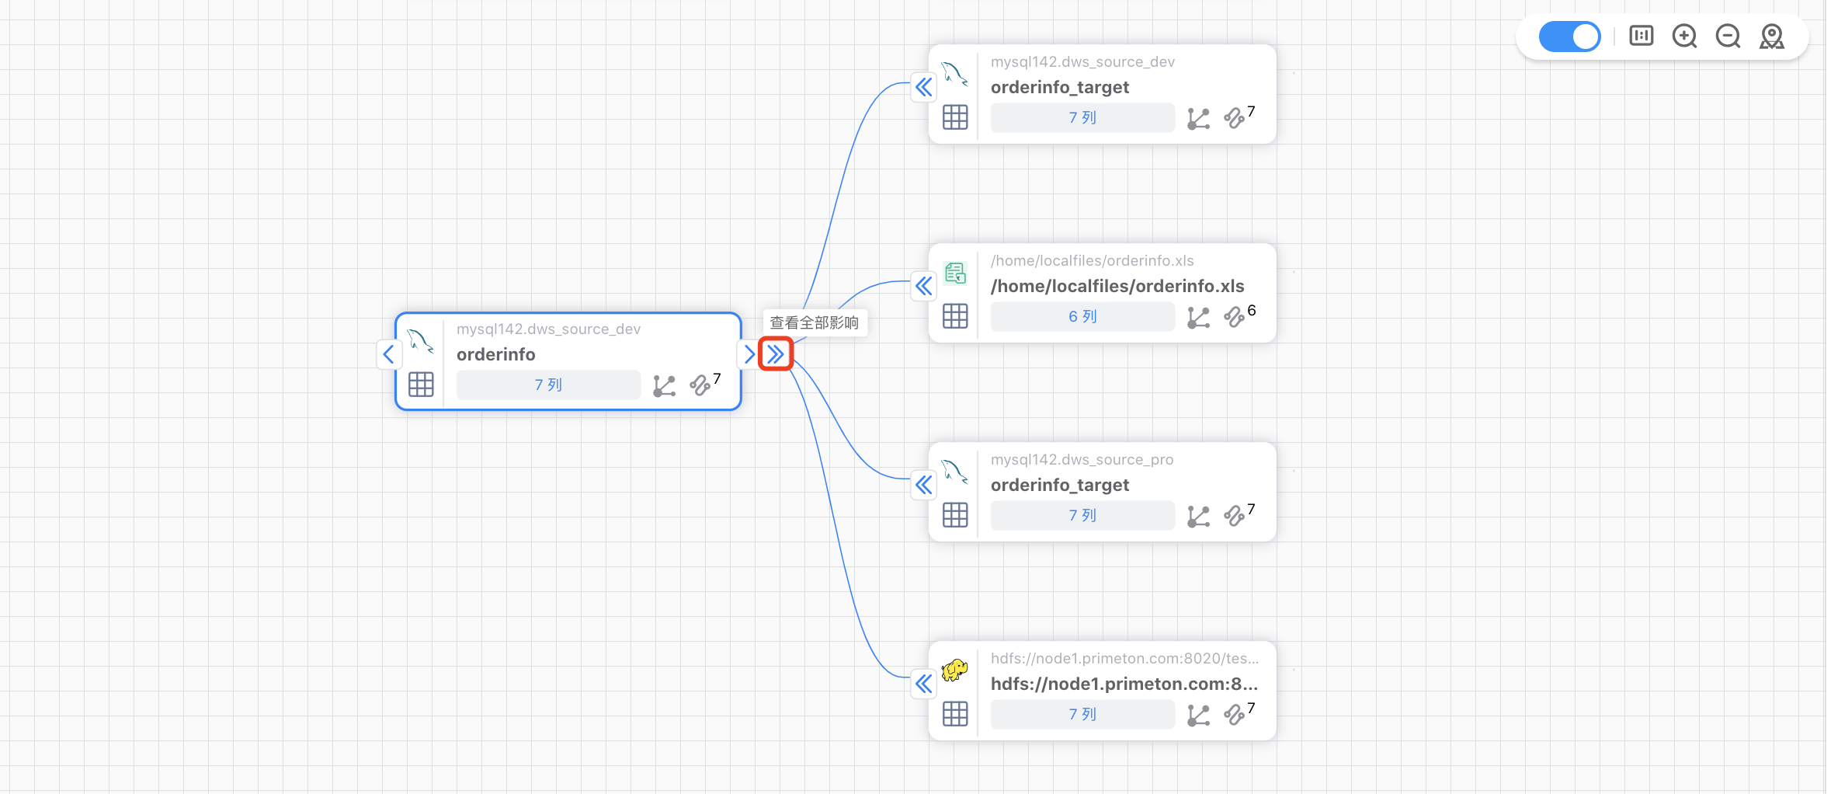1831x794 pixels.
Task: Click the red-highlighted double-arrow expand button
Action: (x=775, y=354)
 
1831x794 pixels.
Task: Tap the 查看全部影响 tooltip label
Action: (x=814, y=323)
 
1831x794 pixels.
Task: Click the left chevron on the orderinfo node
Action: (x=389, y=354)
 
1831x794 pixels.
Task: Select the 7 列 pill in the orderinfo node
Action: (x=548, y=385)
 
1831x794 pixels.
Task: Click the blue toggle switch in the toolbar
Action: (x=1569, y=37)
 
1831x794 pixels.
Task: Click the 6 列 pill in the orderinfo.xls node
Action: (x=1082, y=316)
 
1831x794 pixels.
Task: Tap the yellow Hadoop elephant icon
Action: (x=954, y=670)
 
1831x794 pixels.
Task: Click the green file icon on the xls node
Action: (x=955, y=273)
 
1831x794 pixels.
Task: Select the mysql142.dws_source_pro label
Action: (x=1082, y=459)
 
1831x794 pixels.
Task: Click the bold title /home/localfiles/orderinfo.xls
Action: (x=1117, y=286)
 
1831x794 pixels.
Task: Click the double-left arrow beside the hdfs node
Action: (x=923, y=684)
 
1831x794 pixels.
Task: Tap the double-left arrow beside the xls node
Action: (x=923, y=286)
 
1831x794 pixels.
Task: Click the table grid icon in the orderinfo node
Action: (x=421, y=385)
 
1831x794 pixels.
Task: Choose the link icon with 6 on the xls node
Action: (x=1234, y=317)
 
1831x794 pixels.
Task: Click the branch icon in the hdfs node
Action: (x=1198, y=715)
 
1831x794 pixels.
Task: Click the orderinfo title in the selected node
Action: (x=495, y=354)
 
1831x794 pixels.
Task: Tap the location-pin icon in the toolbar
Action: (x=1771, y=37)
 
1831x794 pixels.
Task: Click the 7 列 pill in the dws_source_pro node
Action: (x=1082, y=515)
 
